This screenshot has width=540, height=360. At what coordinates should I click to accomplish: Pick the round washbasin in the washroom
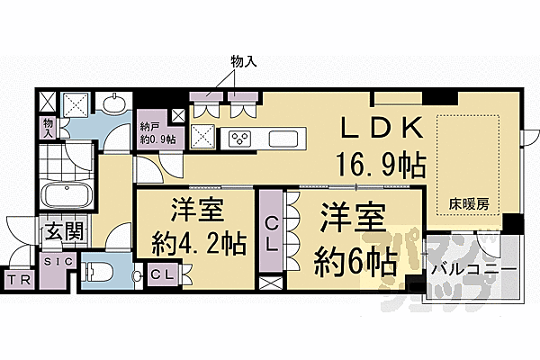[x=112, y=105]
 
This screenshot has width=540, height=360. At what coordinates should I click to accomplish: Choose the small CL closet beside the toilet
[x=163, y=274]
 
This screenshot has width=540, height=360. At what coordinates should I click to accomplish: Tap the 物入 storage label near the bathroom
[x=48, y=126]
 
